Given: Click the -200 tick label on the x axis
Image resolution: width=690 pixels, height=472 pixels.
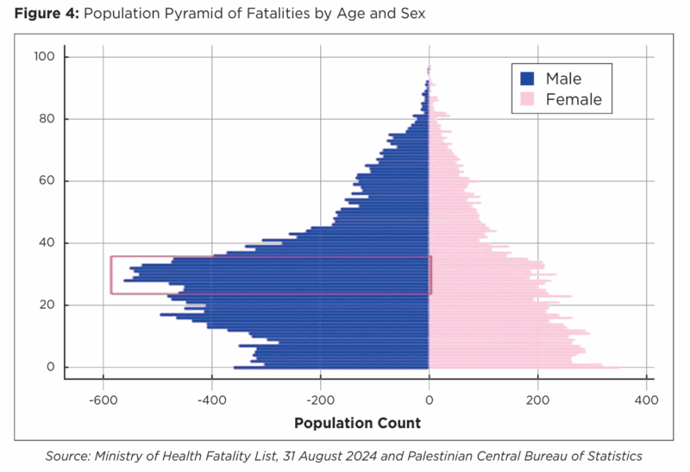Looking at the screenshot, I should coord(320,400).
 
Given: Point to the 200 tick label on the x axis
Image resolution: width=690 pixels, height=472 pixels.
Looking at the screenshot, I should coord(538,400).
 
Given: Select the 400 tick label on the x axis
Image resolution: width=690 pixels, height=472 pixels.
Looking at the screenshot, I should coord(647,400).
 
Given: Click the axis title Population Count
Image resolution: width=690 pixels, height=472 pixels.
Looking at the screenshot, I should coord(357,423).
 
